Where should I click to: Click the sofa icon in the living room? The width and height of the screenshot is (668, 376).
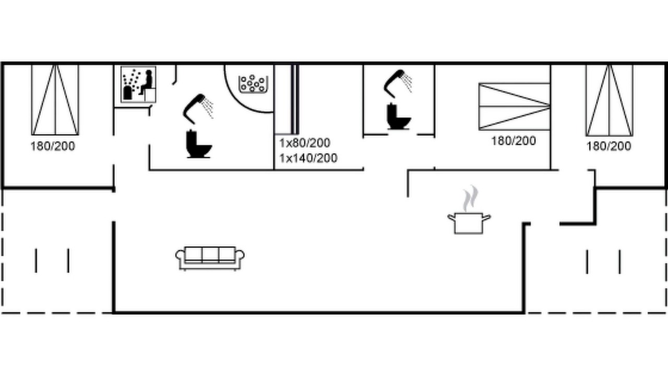210,258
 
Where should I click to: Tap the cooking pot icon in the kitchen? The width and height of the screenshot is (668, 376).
469,223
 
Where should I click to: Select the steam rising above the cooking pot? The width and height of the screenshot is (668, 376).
470,198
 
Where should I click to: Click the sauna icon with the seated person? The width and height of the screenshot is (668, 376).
138,85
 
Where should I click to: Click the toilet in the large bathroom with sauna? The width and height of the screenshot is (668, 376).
199,144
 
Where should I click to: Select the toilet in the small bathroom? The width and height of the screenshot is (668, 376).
399,116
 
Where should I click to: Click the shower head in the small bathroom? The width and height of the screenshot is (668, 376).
398,84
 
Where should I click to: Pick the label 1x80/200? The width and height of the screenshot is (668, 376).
305,143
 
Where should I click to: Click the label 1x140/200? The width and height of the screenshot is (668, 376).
308,158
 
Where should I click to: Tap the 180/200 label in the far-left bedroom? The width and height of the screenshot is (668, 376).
53,146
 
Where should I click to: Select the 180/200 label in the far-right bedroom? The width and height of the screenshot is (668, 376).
609,146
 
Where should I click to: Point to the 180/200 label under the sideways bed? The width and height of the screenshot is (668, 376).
514,141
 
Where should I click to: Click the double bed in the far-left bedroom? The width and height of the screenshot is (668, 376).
55,100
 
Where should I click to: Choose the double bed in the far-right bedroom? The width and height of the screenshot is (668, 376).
609,101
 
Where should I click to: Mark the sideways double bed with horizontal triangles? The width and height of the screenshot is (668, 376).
515,107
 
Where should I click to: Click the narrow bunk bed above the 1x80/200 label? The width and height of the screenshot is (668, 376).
287,99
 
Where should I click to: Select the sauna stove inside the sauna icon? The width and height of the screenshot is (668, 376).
127,92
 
